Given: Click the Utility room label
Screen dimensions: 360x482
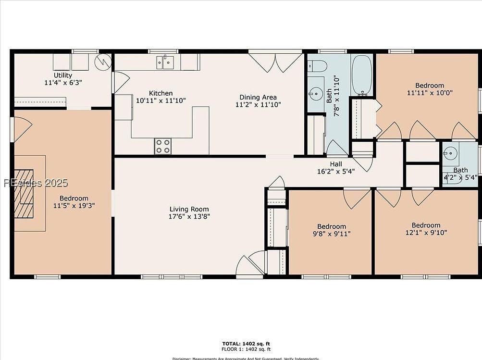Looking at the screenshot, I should point(62,75).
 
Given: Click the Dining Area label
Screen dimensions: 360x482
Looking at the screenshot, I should point(258,97).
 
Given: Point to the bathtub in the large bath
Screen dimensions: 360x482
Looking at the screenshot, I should point(362,75).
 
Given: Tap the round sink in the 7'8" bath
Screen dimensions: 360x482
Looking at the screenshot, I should point(316,92).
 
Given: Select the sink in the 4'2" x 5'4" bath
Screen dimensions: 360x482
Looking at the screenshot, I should point(450,154).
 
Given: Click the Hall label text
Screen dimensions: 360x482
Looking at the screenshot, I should point(335,164).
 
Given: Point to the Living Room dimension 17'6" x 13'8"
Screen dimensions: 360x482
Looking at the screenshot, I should point(189,216).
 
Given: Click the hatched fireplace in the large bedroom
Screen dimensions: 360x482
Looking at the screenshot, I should point(24,193).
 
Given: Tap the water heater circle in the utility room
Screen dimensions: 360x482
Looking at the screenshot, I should point(103,62).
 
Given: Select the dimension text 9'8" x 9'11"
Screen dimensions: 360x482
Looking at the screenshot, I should point(331,234).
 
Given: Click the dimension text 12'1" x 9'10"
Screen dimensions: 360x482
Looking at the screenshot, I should point(425,233).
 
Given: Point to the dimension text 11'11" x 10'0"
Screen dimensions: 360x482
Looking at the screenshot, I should point(430,93).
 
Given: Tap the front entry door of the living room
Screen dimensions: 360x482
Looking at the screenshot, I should point(250,265).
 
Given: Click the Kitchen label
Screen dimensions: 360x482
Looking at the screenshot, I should point(161,93).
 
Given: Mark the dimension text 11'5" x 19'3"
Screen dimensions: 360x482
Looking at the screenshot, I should point(74,206).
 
